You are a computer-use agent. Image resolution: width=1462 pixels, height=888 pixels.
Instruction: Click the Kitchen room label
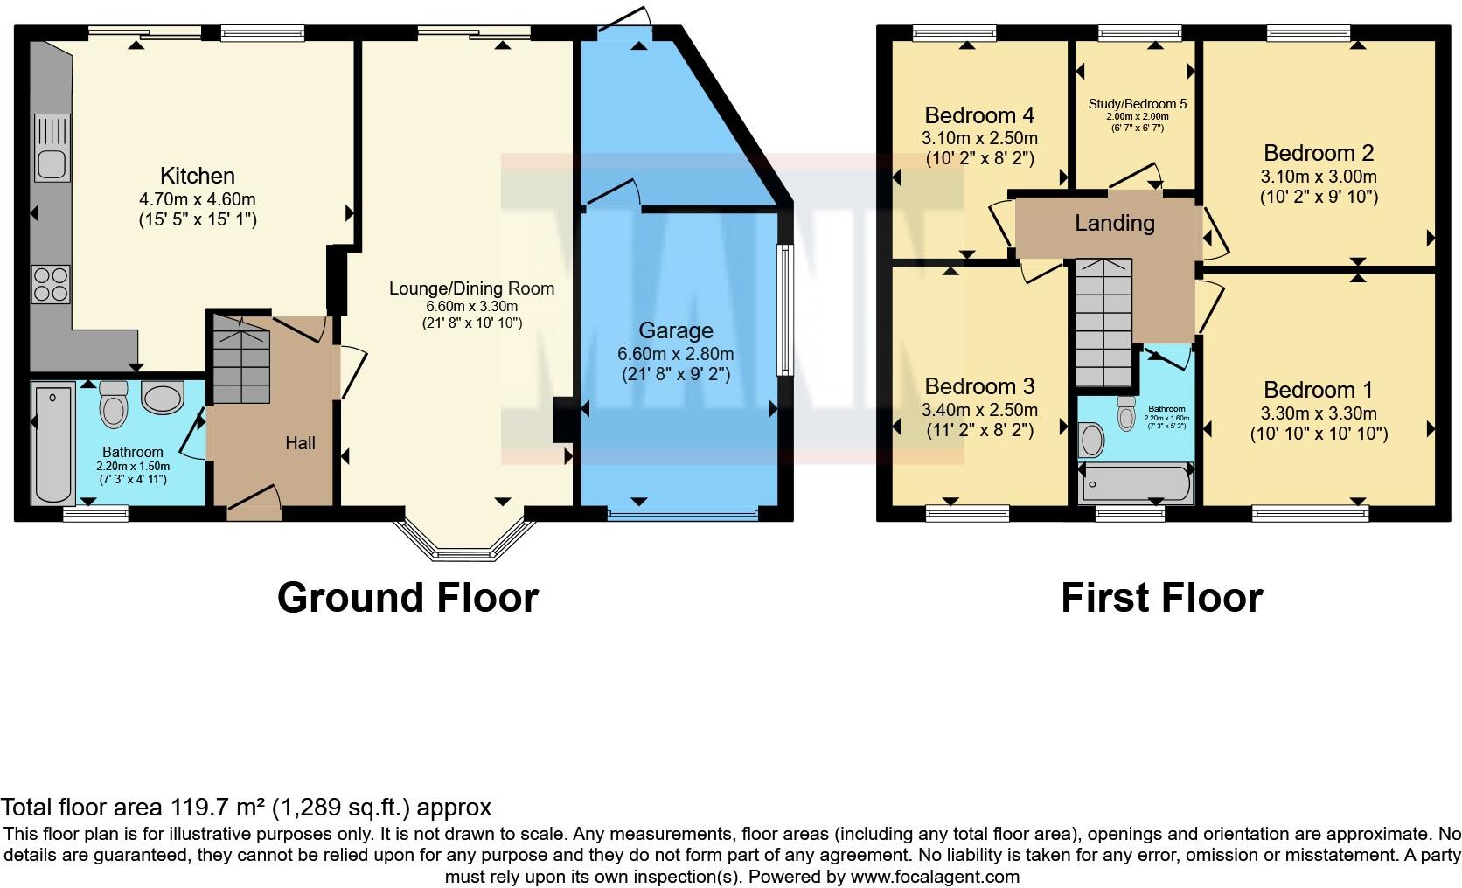point(197,176)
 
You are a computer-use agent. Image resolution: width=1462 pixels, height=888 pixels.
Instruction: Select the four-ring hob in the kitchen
point(51,283)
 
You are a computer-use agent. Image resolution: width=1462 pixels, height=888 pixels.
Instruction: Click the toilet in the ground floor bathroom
point(114,404)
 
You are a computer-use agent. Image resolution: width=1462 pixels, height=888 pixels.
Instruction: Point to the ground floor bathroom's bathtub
point(52,444)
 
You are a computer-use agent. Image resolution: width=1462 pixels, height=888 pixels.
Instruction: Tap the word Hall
point(300,443)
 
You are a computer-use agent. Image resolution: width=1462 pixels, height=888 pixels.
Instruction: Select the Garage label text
point(675,330)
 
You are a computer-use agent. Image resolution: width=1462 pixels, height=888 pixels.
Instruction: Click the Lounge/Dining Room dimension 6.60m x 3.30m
point(471,307)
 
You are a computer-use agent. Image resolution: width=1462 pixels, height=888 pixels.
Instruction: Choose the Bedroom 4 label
point(979,115)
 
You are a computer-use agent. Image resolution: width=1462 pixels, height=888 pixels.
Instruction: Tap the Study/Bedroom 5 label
point(1137,104)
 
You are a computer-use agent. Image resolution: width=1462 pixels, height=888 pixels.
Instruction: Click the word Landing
point(1114,223)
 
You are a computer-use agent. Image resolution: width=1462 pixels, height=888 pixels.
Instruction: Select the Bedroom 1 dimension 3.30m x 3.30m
point(1318,413)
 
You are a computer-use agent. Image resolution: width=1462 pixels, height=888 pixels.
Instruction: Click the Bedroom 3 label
point(979,386)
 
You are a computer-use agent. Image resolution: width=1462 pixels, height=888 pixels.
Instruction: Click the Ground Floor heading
point(407,598)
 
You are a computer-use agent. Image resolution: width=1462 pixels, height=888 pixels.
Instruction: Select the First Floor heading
point(1160,598)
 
